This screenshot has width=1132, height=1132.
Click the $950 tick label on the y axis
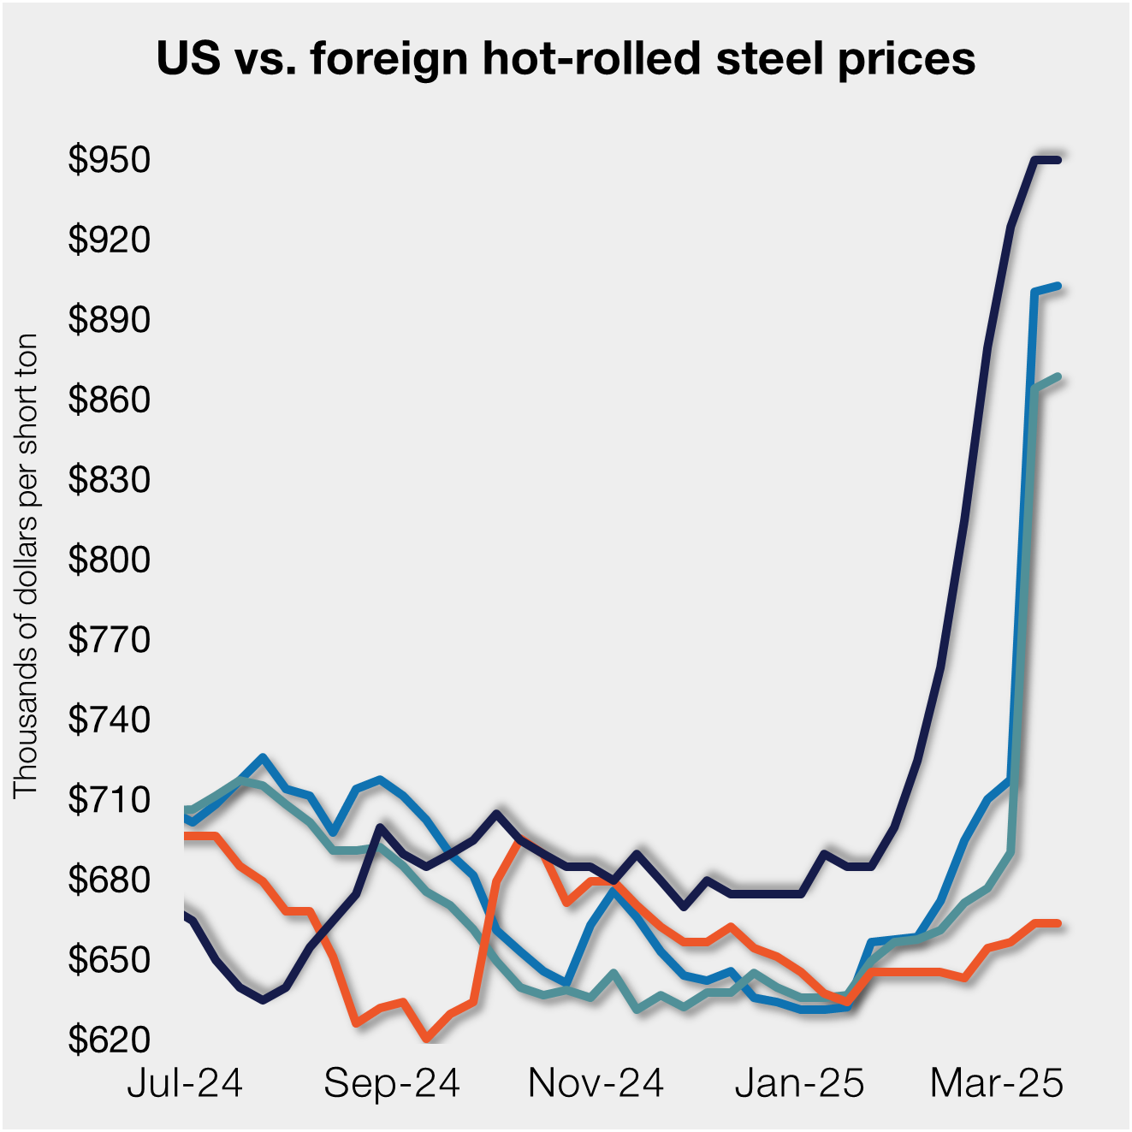(x=109, y=160)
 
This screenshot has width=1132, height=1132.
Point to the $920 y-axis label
(x=109, y=240)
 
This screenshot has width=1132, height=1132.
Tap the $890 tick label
(x=109, y=320)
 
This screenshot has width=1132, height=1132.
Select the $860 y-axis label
(x=109, y=400)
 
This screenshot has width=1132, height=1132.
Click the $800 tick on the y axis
(x=109, y=560)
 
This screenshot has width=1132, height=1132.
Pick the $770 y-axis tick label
(x=109, y=640)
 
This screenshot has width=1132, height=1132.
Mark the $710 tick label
(x=109, y=800)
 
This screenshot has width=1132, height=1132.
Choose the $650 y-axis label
(x=109, y=960)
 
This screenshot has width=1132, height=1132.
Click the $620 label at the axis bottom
(x=109, y=1040)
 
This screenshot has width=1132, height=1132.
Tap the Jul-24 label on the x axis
(x=185, y=1083)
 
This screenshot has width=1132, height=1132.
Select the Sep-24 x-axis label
(x=392, y=1083)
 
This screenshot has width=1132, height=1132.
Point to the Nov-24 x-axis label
(x=596, y=1083)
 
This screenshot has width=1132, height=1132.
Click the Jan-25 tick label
(x=799, y=1083)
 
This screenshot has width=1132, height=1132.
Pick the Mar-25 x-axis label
(x=996, y=1083)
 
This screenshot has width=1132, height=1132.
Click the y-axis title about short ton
(x=26, y=566)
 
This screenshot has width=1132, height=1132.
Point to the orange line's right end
(x=1058, y=923)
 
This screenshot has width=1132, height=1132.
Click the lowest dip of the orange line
(x=425, y=1038)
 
